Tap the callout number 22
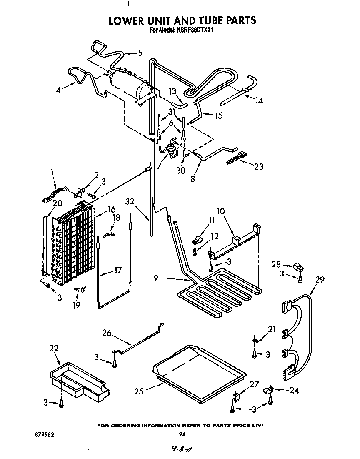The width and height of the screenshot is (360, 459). (x=54, y=349)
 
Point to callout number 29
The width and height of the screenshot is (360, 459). (x=320, y=280)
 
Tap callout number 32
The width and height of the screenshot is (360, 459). (x=131, y=202)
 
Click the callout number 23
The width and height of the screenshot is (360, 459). (x=259, y=166)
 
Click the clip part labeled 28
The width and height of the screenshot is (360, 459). (x=299, y=267)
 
